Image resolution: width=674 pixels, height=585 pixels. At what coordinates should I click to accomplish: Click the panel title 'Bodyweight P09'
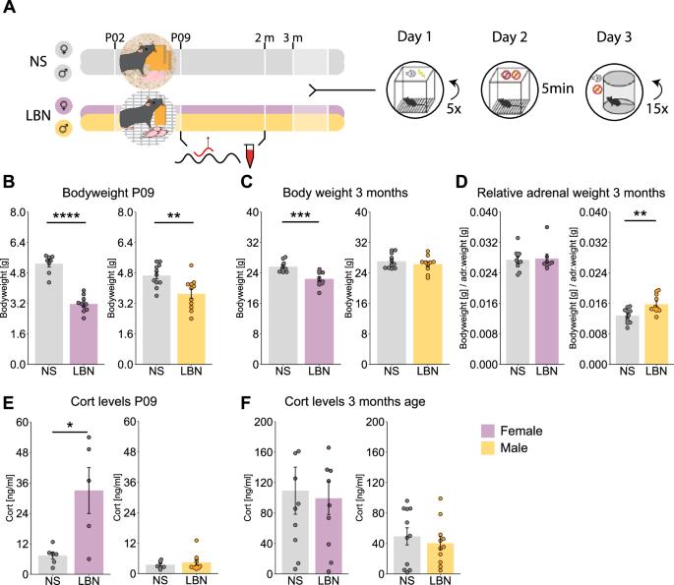point(108,193)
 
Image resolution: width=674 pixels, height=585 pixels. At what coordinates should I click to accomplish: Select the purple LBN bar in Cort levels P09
point(89,532)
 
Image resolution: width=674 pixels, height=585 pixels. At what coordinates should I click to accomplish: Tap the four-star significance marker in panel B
point(66,215)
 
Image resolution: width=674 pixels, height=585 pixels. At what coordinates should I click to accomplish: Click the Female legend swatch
point(488,431)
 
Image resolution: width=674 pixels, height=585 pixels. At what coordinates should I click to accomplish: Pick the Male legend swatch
point(488,447)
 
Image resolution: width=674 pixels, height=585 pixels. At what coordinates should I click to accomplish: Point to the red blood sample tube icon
point(250,155)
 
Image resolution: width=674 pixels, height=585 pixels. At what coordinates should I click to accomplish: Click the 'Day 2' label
point(510,37)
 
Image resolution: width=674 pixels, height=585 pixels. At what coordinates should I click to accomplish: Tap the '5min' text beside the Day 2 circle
point(558,88)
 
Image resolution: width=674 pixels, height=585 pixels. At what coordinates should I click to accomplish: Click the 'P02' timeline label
point(115,37)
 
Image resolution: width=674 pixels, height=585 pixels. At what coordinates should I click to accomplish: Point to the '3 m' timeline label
point(293,37)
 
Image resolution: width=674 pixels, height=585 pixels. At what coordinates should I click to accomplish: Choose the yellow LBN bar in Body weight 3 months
point(428,314)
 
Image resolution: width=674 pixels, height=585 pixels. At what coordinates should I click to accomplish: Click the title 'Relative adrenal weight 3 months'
point(571,193)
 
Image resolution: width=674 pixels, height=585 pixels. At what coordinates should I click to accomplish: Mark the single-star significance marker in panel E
point(70,426)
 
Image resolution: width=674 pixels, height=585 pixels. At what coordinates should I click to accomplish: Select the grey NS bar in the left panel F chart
point(295,532)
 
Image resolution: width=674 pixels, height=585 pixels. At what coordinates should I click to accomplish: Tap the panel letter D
point(461,181)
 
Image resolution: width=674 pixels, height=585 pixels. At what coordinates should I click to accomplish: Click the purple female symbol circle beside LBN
point(64,105)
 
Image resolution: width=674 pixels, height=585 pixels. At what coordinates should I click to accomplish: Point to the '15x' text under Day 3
point(657,108)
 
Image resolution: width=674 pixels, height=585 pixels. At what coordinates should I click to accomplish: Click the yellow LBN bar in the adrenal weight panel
point(656,334)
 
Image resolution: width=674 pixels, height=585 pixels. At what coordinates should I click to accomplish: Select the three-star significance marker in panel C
point(300,214)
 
